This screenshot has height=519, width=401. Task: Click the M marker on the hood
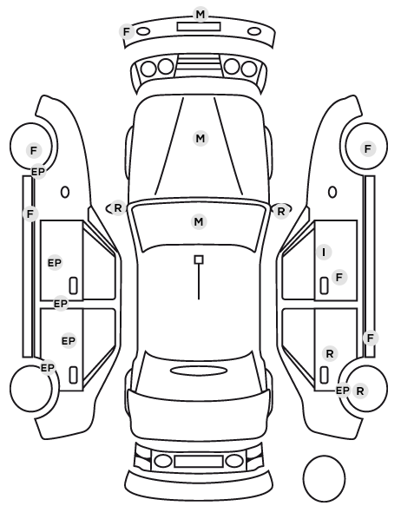(x=200, y=138)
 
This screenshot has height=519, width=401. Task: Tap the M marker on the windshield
(x=199, y=221)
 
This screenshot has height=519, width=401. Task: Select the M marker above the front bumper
(x=200, y=14)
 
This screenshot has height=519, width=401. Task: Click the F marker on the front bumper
(x=127, y=32)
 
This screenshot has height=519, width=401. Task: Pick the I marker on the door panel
(x=324, y=253)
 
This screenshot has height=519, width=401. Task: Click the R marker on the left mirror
(x=118, y=208)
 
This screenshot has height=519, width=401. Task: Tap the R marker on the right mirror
(x=281, y=211)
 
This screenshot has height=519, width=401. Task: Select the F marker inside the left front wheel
(x=34, y=151)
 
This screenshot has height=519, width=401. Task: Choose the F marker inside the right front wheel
(x=368, y=149)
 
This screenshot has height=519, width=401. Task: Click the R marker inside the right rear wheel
(x=360, y=391)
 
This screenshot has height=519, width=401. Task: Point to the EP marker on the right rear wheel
(x=342, y=391)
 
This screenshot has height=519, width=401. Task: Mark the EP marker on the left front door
(x=55, y=263)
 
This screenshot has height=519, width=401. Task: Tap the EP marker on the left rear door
(x=69, y=340)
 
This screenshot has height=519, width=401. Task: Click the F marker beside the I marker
(x=339, y=277)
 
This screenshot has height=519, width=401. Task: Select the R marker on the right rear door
(x=330, y=353)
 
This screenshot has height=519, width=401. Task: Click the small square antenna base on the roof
(x=199, y=259)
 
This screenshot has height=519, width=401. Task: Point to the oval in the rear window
(x=199, y=371)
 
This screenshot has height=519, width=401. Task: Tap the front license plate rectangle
(x=199, y=27)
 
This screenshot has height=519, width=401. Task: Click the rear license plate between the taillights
(x=199, y=461)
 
